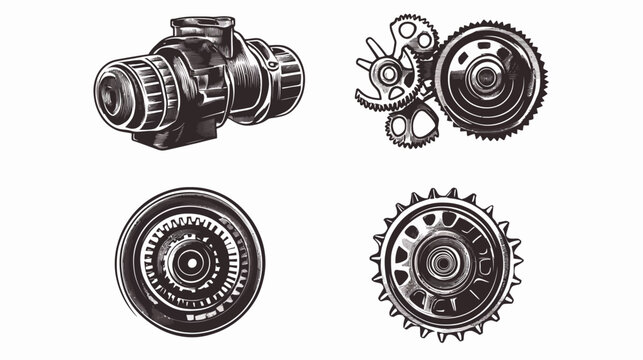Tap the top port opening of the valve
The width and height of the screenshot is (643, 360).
(202, 25)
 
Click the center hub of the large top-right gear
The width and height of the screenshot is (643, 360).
(487, 77)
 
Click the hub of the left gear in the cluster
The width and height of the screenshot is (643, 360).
(387, 73)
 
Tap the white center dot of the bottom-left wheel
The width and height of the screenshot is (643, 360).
(189, 263)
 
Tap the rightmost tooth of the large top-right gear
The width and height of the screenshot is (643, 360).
(544, 77)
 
